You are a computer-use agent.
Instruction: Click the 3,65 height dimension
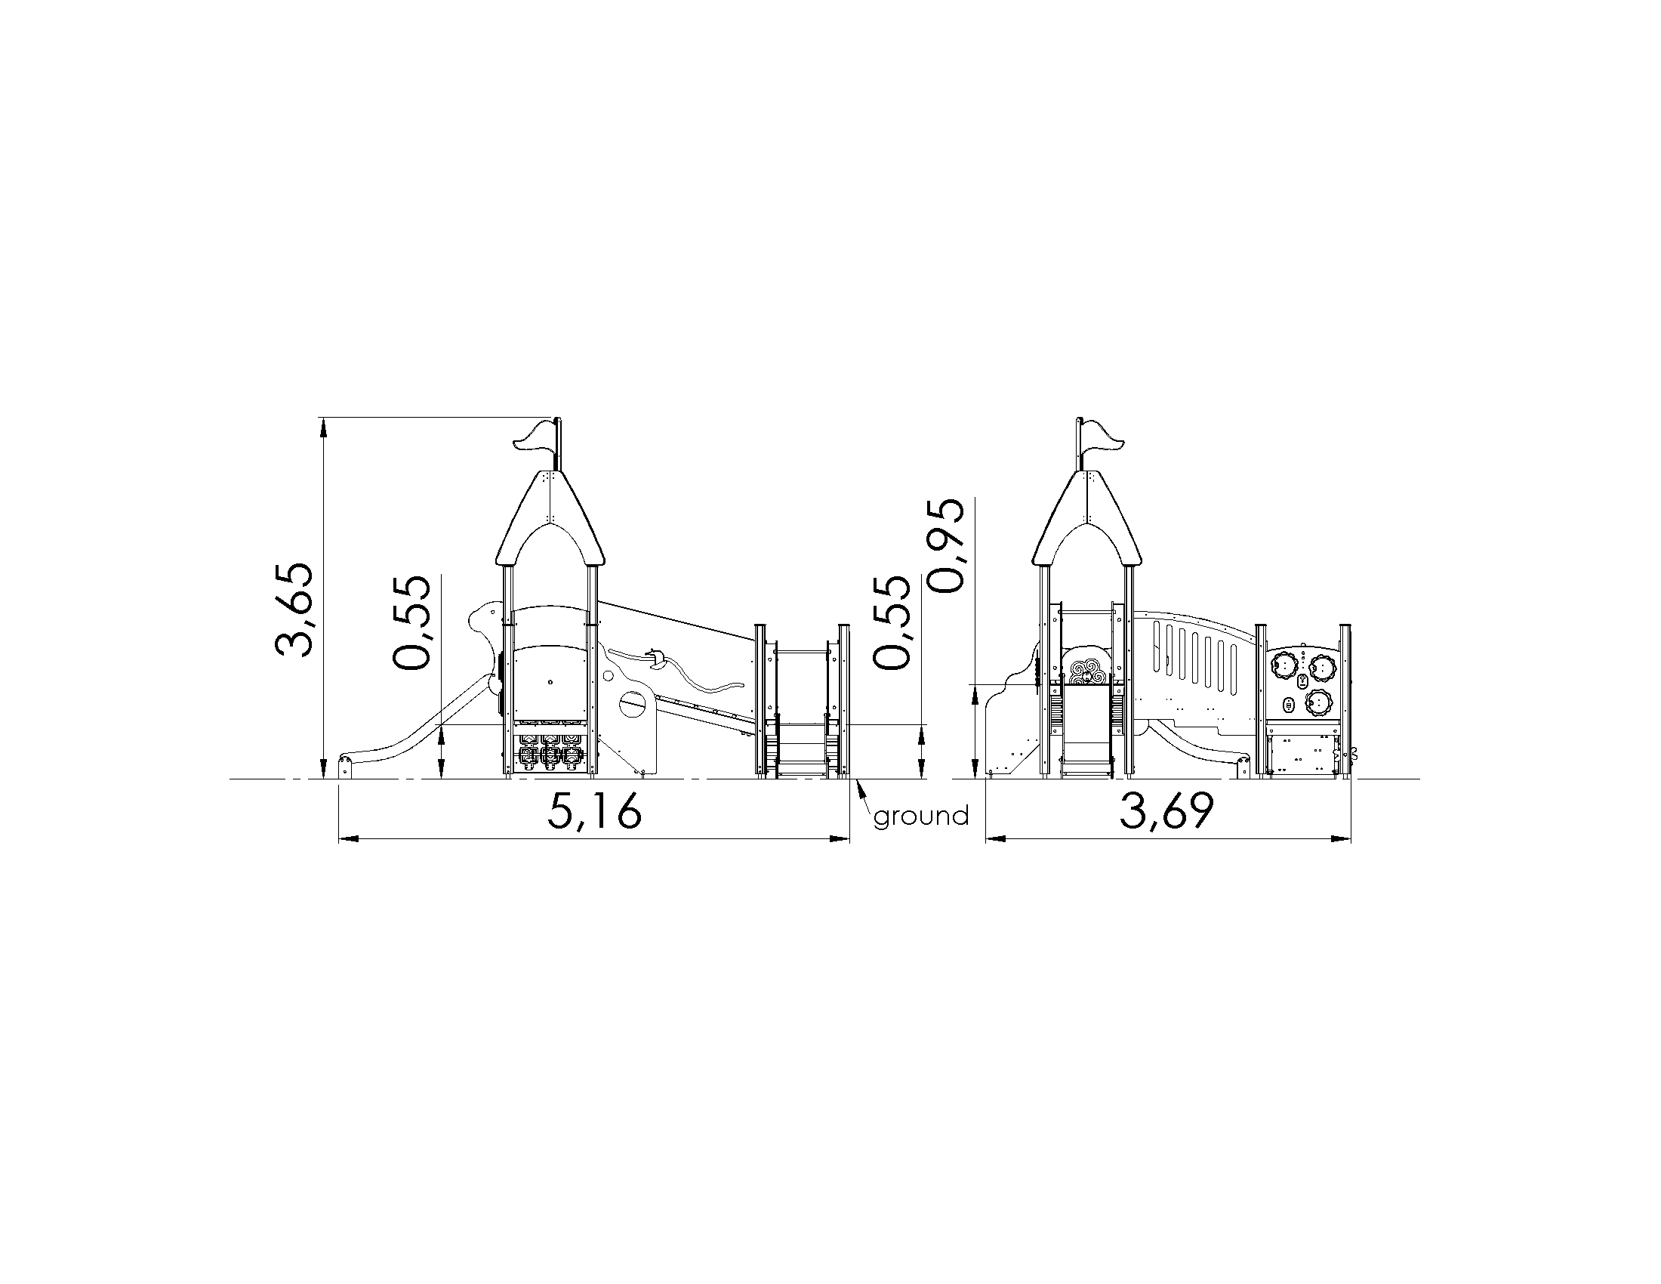[293, 610]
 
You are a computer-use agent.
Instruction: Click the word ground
[921, 817]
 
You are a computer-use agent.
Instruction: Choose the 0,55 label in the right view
[892, 622]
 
